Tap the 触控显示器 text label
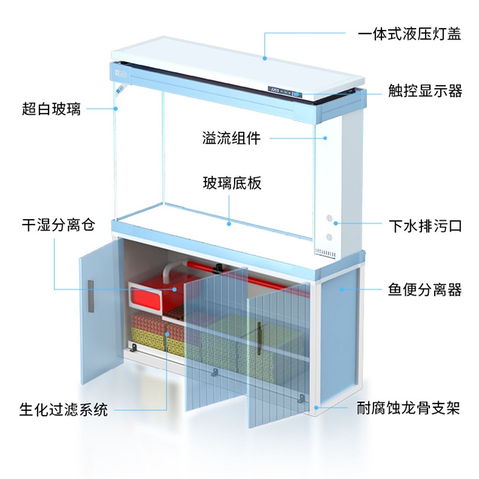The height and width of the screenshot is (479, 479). pos(425,91)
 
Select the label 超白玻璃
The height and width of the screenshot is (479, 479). pos(51,108)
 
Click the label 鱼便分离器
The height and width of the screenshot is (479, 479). pos(425,290)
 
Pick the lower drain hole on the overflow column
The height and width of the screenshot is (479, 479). pos(329,236)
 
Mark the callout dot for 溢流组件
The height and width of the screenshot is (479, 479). pos(326,138)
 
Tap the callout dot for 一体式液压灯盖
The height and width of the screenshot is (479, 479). pos(264,58)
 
